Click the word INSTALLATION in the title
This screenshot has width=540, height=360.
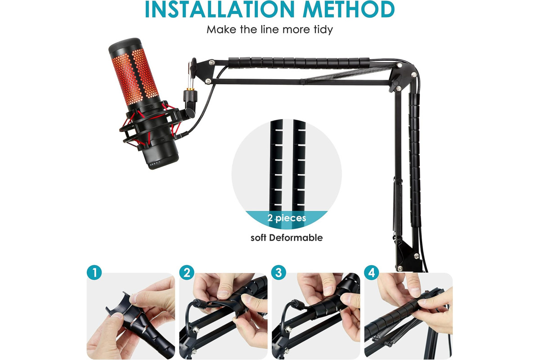220,9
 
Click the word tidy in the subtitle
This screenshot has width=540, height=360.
323,30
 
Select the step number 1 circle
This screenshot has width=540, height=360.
94,272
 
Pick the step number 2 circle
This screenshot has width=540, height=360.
187,272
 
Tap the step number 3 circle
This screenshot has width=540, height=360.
279,272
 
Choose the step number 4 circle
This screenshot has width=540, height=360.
372,272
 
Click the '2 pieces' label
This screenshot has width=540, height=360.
287,218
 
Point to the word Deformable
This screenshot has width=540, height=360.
296,238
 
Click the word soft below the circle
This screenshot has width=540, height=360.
258,238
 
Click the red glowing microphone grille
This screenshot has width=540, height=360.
135,76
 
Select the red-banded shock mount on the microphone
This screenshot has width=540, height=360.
151,126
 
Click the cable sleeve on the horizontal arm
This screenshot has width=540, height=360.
299,63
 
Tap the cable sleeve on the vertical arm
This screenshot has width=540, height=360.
414,159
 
